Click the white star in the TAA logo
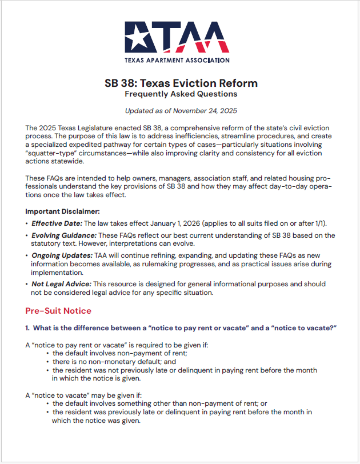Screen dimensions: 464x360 point(142,38)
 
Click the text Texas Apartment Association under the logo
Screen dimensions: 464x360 point(177,60)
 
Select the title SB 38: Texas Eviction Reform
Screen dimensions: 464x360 point(181,83)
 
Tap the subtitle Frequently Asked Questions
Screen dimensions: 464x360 point(181,94)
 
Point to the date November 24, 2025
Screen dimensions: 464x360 point(207,111)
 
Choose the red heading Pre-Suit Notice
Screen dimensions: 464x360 point(58,311)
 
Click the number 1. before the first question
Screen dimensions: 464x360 point(28,327)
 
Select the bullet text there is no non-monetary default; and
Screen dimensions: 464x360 point(114,362)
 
